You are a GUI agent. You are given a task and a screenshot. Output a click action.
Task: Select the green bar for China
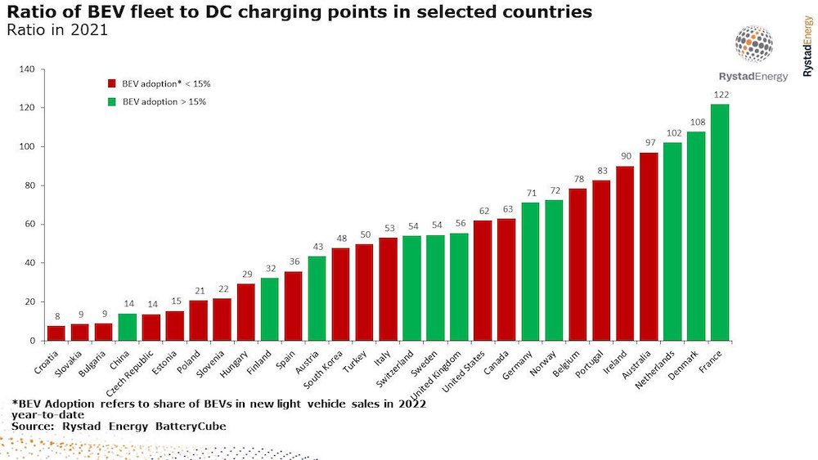point(128,327)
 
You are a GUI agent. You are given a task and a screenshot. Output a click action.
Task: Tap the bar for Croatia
point(56,333)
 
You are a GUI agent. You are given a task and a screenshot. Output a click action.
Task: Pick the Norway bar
point(554,270)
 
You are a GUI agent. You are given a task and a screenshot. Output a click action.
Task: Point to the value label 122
point(721,95)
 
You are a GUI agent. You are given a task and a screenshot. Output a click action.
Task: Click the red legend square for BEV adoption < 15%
point(112,83)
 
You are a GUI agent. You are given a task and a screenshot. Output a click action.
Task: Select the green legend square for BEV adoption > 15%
point(112,102)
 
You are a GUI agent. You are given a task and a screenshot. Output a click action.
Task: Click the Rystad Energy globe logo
point(753,45)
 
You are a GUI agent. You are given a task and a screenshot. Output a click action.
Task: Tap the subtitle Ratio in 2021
point(56,30)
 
